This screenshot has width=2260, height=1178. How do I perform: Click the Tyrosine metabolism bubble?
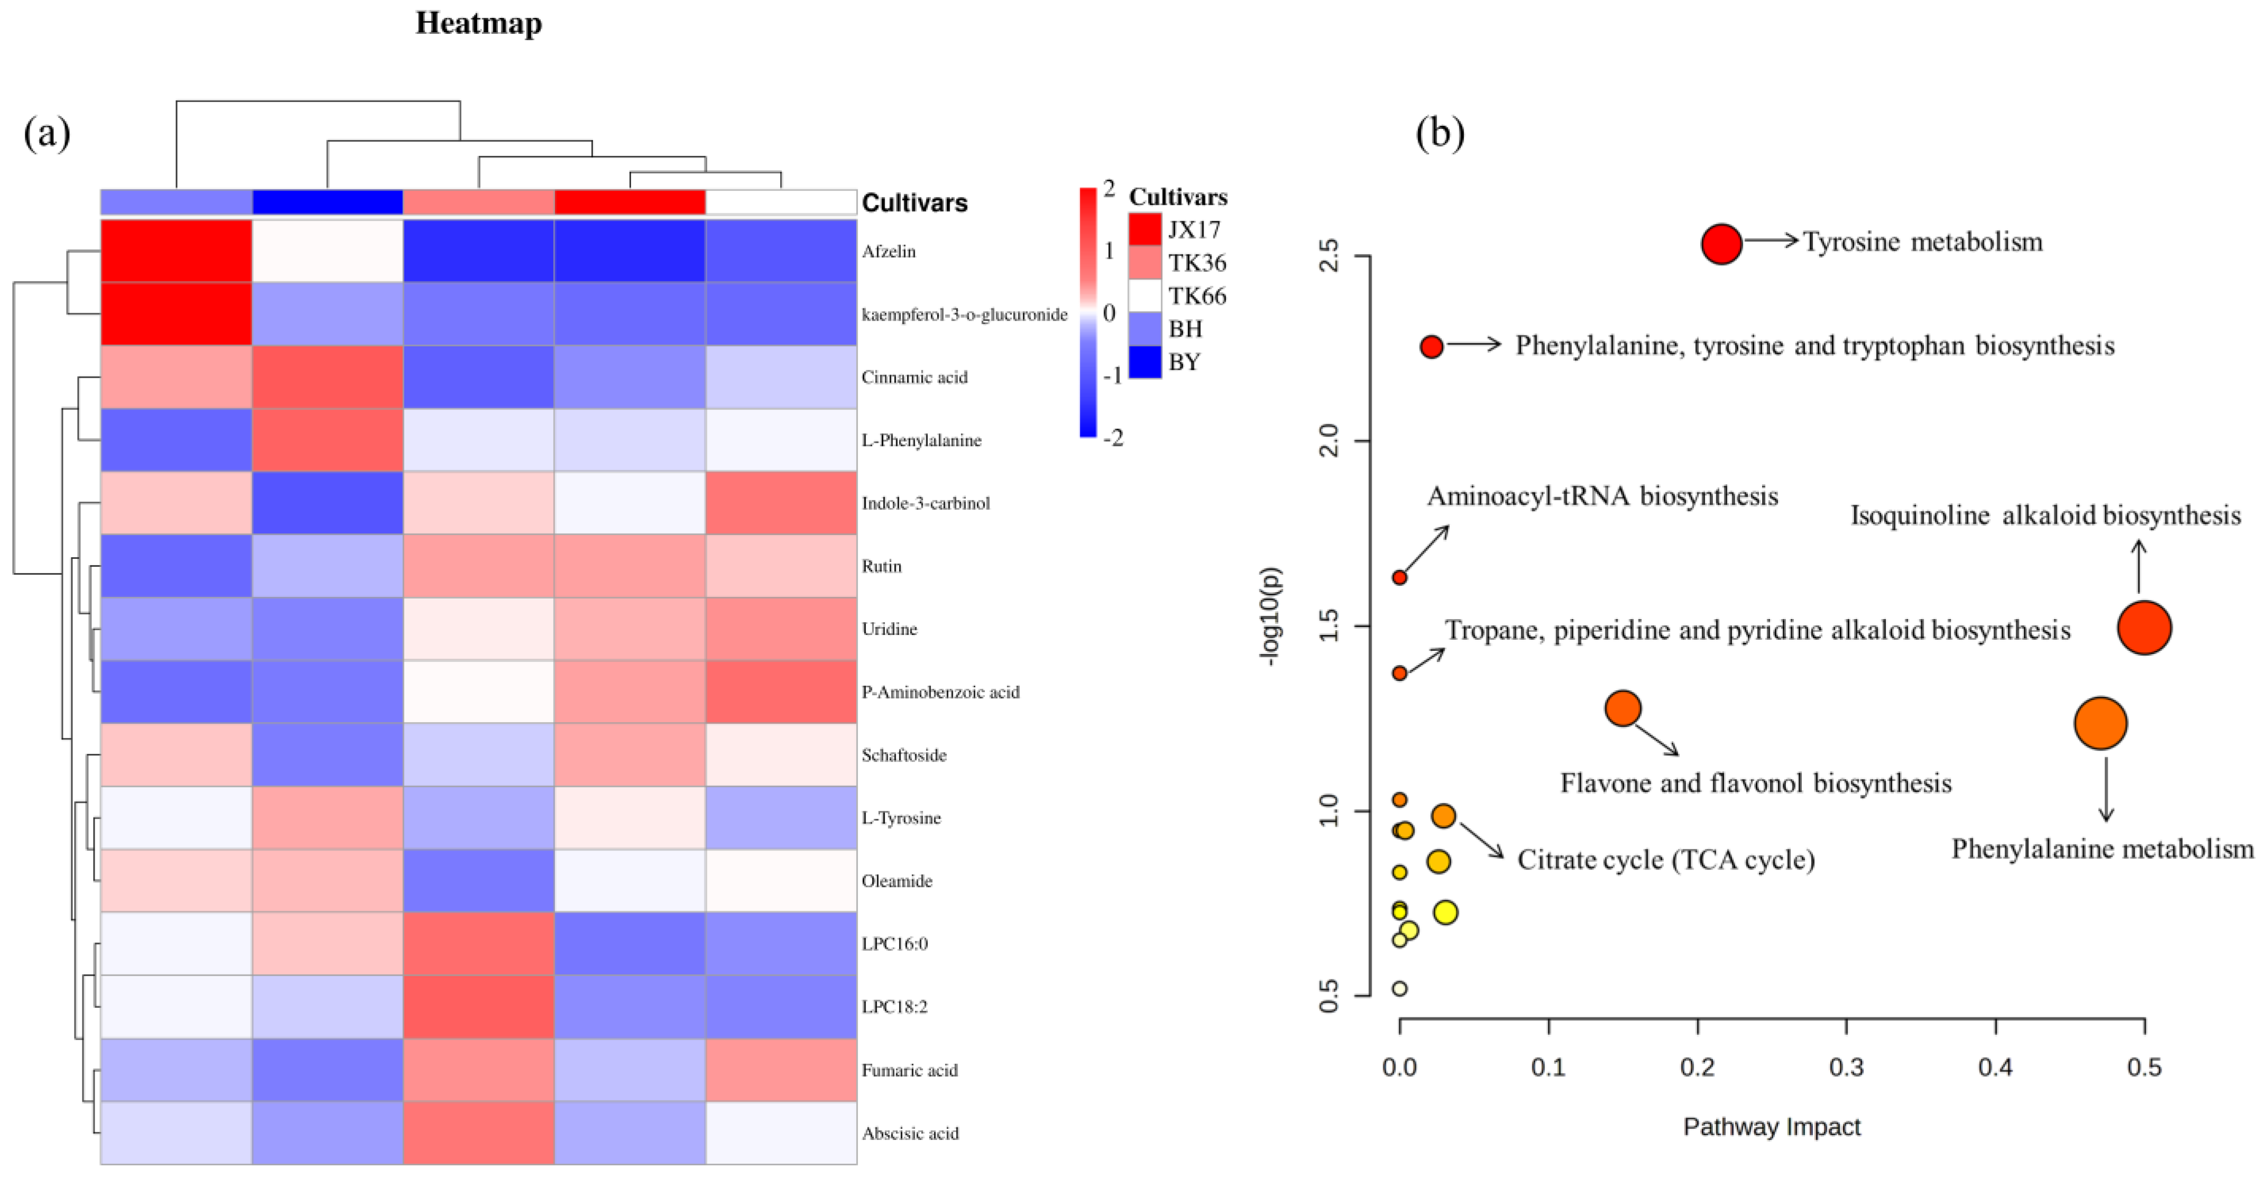pos(1721,244)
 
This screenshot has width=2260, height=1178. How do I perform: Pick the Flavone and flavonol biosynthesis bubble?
pos(1623,708)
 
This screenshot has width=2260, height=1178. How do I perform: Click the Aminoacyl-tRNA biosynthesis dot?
pos(1400,577)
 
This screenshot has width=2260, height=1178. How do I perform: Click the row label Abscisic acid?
pos(910,1133)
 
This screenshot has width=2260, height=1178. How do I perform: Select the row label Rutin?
pos(881,566)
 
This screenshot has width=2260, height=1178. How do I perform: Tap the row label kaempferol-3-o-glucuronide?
pos(964,314)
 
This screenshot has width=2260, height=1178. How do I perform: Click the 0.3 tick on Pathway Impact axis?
pos(1846,1068)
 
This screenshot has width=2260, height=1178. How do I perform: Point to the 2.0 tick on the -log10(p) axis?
pos(1330,441)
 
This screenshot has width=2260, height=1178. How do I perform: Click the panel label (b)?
pos(1440,133)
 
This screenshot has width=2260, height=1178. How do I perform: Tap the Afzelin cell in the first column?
pos(177,251)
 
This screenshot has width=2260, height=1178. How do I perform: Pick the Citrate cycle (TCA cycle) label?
pos(1665,859)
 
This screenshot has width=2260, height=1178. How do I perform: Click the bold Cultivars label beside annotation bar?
pos(914,203)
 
